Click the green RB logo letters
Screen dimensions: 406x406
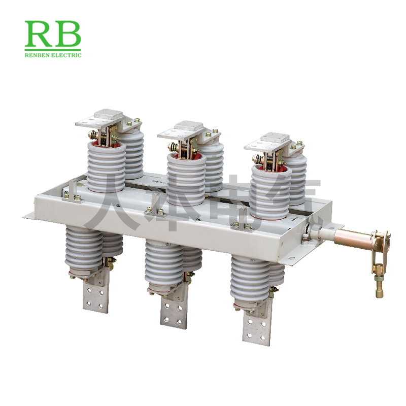[x=53, y=33]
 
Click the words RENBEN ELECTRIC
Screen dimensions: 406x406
[x=53, y=55]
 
